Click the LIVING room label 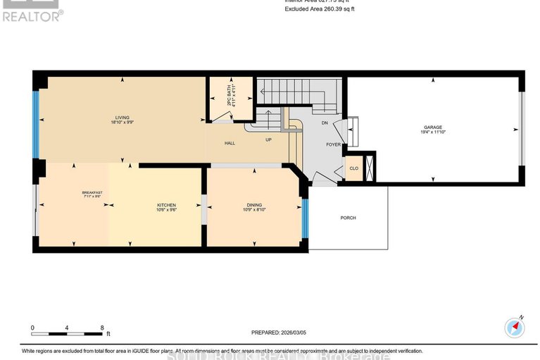[x=123, y=118]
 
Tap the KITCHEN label [x=166, y=205]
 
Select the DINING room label [x=255, y=205]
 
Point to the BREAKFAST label [x=92, y=193]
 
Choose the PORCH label [x=348, y=218]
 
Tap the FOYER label [x=333, y=144]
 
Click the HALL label [x=230, y=143]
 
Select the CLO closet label [x=354, y=168]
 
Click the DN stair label [x=325, y=123]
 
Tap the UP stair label [x=268, y=139]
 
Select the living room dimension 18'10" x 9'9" [x=123, y=123]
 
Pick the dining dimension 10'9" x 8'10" [x=255, y=210]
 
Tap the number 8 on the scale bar [x=103, y=328]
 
